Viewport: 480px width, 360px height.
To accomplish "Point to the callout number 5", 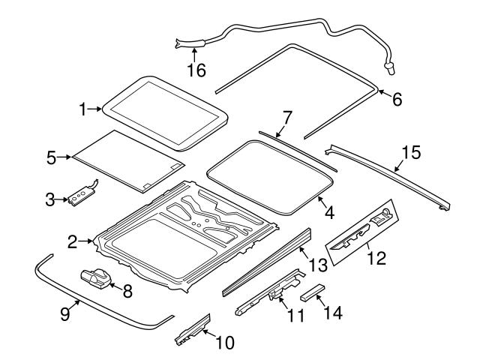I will tap(51, 157).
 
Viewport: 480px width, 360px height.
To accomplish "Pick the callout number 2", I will tap(72, 241).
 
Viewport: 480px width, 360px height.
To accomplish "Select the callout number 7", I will tap(286, 117).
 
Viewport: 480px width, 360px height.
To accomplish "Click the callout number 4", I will tap(328, 212).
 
